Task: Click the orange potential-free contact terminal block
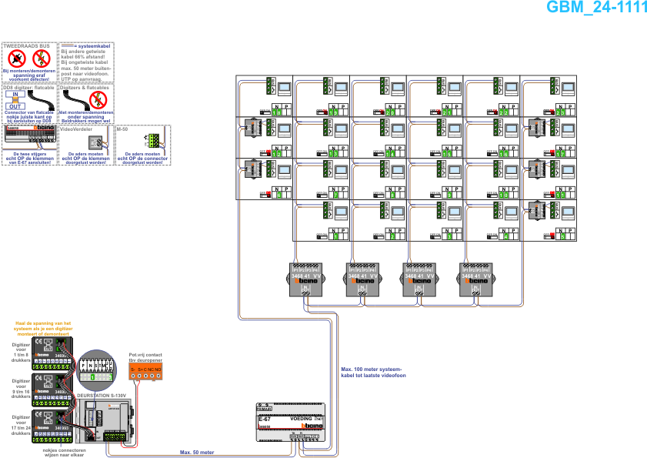[145, 371]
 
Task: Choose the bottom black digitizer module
[53, 428]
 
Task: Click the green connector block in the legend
[152, 139]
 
